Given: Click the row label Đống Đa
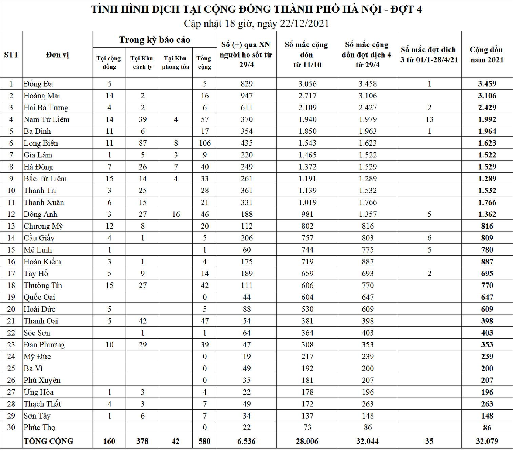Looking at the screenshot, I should pos(38,84).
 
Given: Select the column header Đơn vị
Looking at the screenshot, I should pos(58,55).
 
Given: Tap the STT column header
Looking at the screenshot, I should pos(11,55).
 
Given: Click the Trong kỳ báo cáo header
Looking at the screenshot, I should pos(154,40).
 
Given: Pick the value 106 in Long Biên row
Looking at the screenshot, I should pos(204,143).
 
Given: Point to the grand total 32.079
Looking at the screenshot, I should pos(487,441).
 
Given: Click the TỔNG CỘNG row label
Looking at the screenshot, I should pos(48,441).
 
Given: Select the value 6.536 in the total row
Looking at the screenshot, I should pos(246,441).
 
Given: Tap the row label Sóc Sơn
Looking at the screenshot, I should pos(37,333).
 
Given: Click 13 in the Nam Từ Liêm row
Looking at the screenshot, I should pos(429,119).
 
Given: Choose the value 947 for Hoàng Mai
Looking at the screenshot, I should pos(247,96).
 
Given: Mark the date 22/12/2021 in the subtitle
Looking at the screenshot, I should pos(304,24).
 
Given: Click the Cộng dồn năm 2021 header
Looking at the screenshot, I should pos(486,55).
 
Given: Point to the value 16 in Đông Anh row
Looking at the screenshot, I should pos(176,214).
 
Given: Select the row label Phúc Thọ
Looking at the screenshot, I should pos(39,427).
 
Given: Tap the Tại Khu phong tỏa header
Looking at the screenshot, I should pos(175,62).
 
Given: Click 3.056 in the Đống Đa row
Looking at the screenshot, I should pos(307,84).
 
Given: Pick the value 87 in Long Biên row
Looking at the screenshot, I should pos(142,143).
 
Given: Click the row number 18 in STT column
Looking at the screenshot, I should pos(11,285).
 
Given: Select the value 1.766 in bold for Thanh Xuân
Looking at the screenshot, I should pos(487,202).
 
